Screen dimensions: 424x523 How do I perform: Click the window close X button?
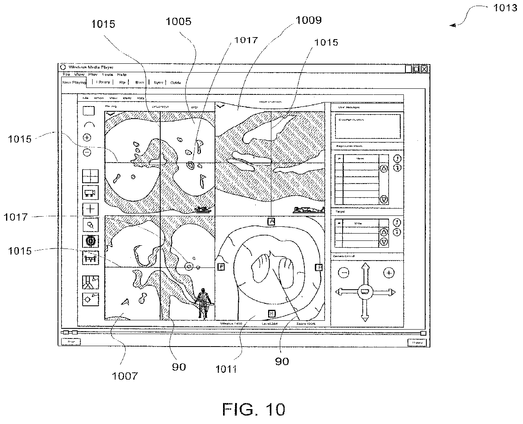(x=424, y=69)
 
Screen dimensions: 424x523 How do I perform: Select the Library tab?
(x=103, y=82)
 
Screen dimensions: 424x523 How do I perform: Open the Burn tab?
(x=139, y=82)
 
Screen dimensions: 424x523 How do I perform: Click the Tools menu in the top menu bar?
(x=107, y=75)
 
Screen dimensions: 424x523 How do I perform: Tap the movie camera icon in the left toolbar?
(x=90, y=193)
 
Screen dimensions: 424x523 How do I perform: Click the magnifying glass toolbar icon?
(x=90, y=225)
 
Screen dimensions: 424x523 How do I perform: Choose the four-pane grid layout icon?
(x=90, y=176)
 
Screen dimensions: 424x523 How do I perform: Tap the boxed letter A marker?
(x=271, y=221)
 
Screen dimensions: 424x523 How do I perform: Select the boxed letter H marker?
(x=271, y=313)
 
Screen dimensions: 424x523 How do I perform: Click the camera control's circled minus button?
(x=344, y=273)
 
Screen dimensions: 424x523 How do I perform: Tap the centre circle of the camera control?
(x=365, y=291)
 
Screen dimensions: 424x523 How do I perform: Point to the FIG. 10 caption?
(x=253, y=409)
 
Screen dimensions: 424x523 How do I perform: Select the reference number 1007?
(x=125, y=376)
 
